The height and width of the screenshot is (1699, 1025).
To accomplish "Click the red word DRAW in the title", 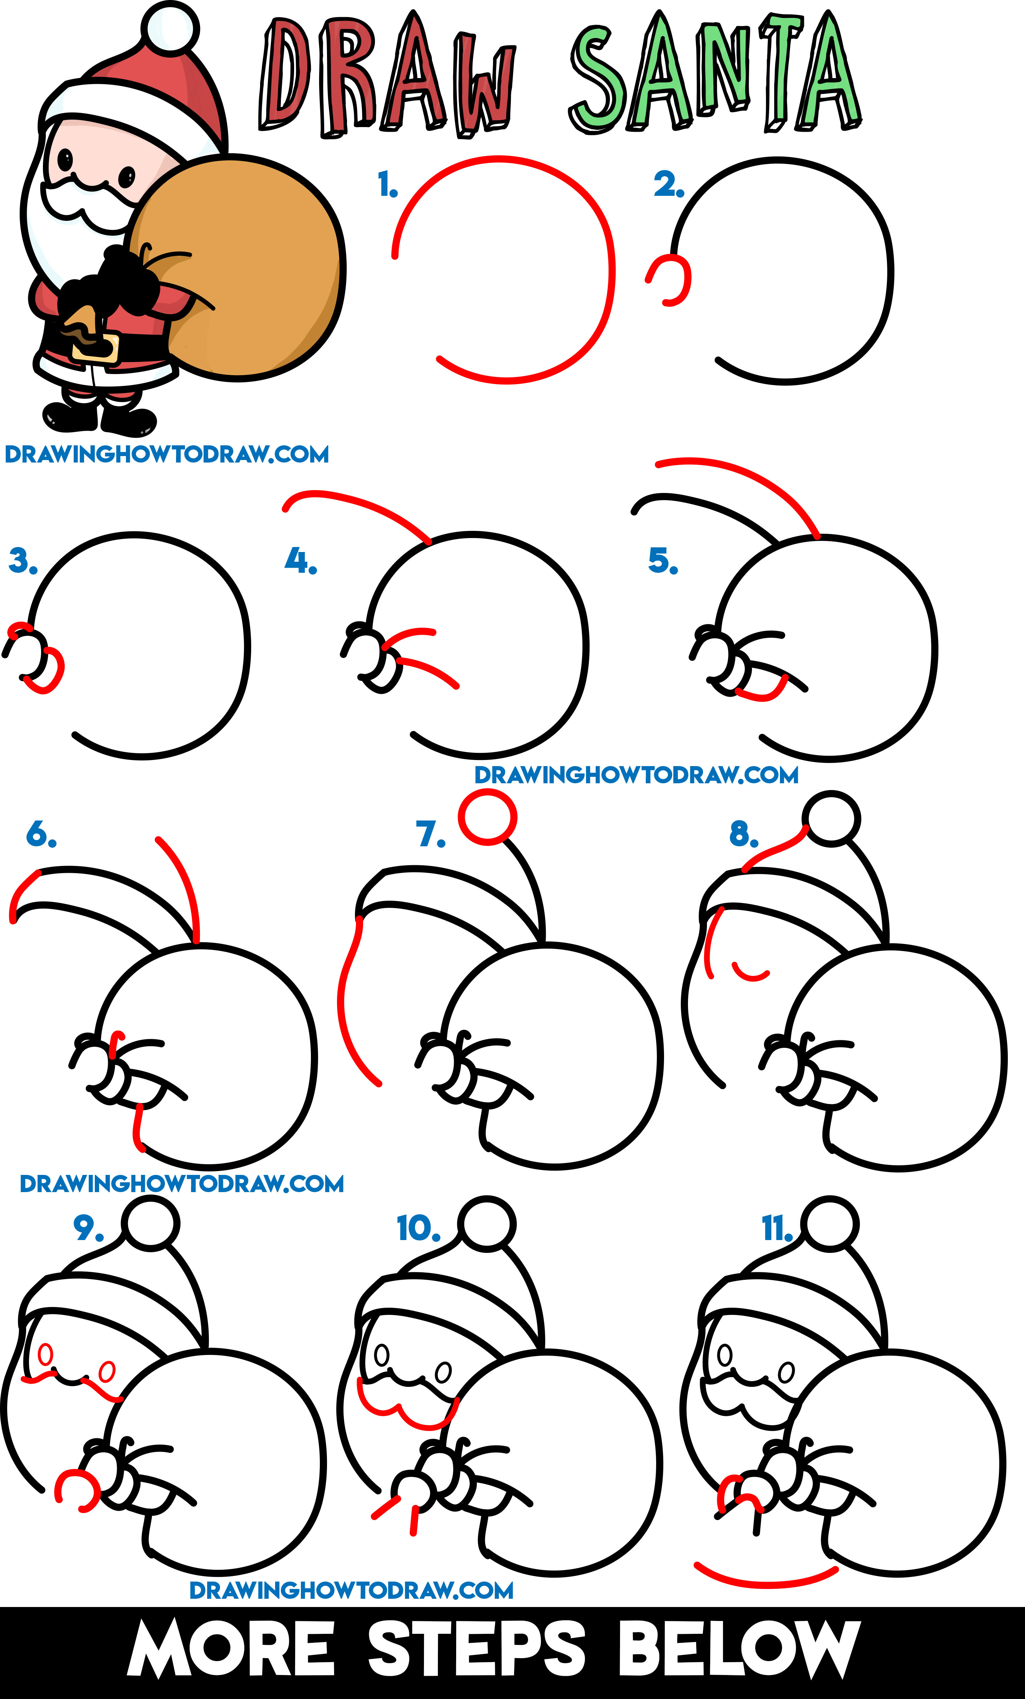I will [x=386, y=76].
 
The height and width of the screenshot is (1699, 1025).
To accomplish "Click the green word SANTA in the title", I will [x=713, y=76].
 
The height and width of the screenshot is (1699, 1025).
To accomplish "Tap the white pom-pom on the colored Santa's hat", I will [x=170, y=26].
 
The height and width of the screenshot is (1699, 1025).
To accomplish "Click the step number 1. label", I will [x=387, y=185].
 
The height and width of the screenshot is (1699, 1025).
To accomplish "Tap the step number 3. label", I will [x=22, y=561].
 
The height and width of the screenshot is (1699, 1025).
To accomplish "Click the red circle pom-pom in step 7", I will [x=487, y=817].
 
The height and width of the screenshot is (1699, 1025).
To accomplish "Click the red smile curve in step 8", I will [x=750, y=972].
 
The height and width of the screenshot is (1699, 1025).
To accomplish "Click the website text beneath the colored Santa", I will [x=167, y=454].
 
